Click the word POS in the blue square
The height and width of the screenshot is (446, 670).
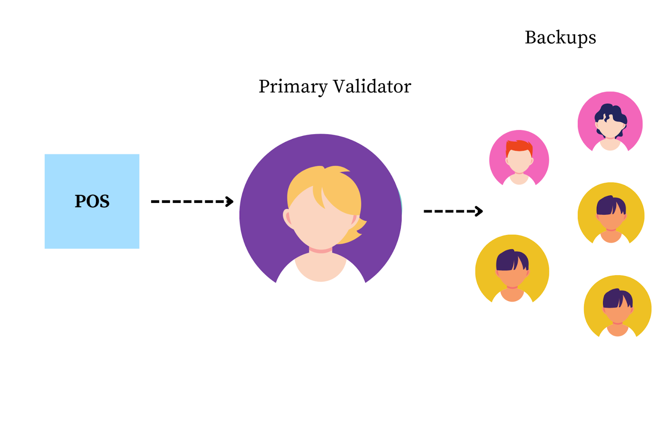(92, 201)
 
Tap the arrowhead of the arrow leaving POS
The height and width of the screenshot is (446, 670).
(229, 202)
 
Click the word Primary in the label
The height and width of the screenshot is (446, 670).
(293, 87)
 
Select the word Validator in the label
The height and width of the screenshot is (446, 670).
(372, 87)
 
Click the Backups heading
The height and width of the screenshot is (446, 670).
(560, 38)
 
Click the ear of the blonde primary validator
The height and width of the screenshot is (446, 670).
(288, 218)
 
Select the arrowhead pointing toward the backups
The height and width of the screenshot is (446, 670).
(479, 211)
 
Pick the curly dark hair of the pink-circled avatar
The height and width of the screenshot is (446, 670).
(611, 112)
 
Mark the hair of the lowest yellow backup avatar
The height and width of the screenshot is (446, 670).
(616, 298)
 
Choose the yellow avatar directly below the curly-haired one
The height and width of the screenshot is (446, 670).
(611, 215)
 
